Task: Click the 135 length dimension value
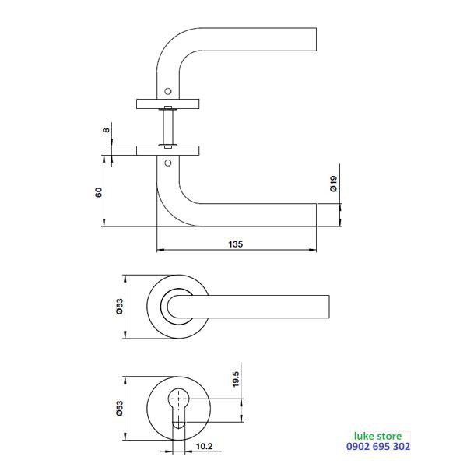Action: click(x=236, y=244)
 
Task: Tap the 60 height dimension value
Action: click(x=99, y=192)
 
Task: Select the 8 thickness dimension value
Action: click(x=107, y=130)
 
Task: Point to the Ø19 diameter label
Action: click(x=334, y=184)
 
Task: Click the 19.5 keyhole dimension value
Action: click(x=236, y=379)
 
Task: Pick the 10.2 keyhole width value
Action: click(x=204, y=446)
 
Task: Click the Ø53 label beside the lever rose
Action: click(x=119, y=307)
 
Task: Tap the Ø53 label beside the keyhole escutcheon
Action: click(x=119, y=408)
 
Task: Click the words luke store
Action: click(x=377, y=437)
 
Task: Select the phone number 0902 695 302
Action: click(x=378, y=446)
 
